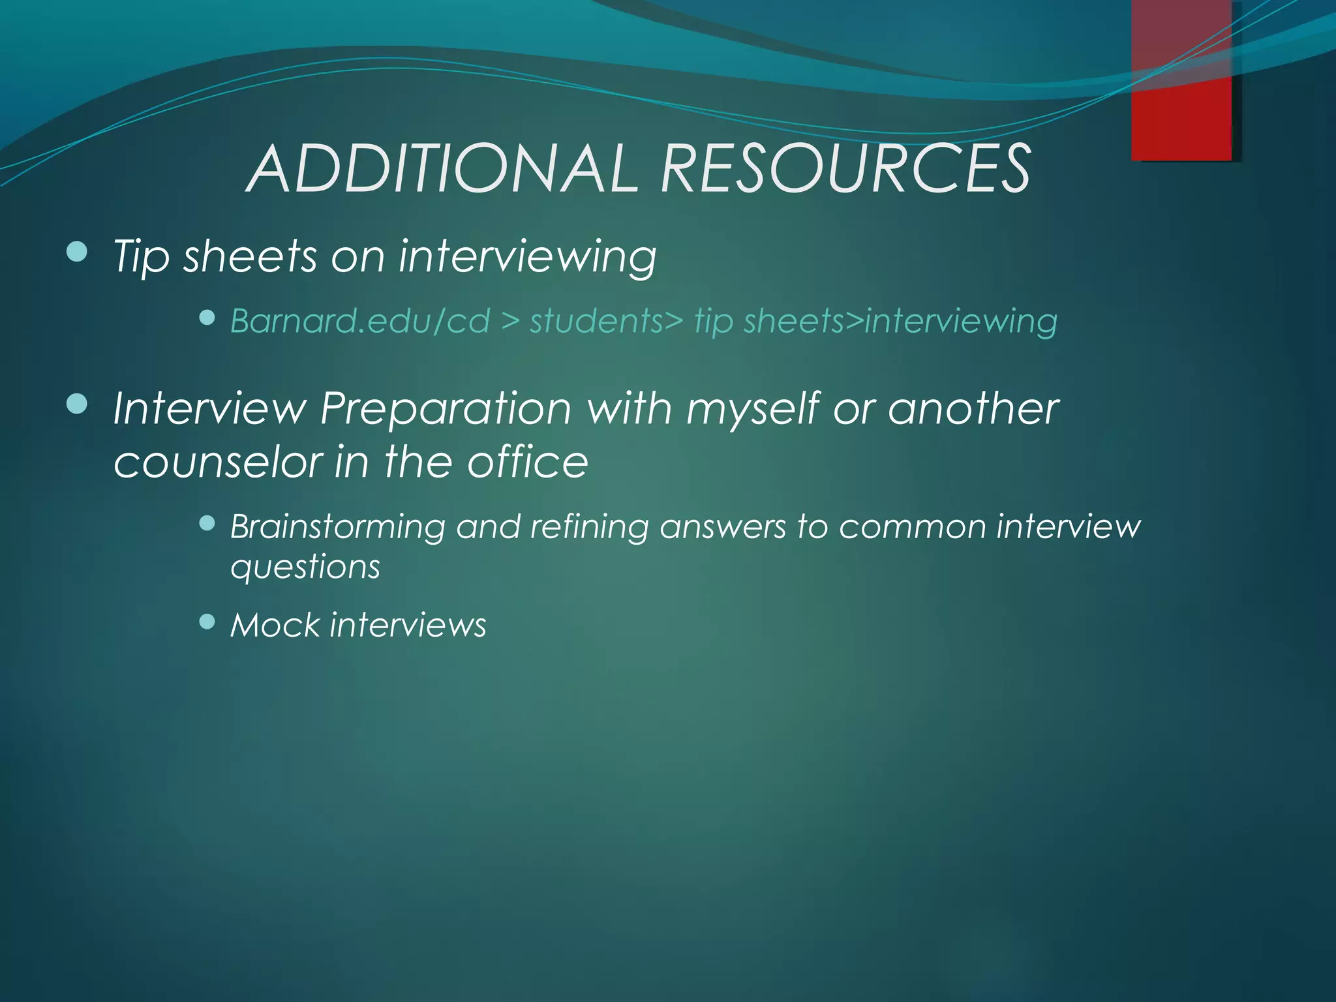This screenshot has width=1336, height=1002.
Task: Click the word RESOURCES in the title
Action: point(845,169)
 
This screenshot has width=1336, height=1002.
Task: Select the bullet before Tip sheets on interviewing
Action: point(77,252)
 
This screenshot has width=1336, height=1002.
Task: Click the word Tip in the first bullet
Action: point(141,256)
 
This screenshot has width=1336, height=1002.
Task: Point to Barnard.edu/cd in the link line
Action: point(359,321)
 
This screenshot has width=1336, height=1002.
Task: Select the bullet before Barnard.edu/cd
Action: point(207,318)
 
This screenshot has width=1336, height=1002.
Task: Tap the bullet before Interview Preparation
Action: point(77,404)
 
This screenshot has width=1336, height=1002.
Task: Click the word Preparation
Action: point(446,410)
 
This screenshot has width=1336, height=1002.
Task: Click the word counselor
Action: point(217,462)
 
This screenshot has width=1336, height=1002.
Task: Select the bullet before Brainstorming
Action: point(207,523)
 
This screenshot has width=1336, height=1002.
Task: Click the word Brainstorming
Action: point(337,527)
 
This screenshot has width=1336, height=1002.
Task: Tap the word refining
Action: point(589,527)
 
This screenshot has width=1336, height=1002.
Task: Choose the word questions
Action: point(305,566)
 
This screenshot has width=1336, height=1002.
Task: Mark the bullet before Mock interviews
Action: point(207,621)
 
